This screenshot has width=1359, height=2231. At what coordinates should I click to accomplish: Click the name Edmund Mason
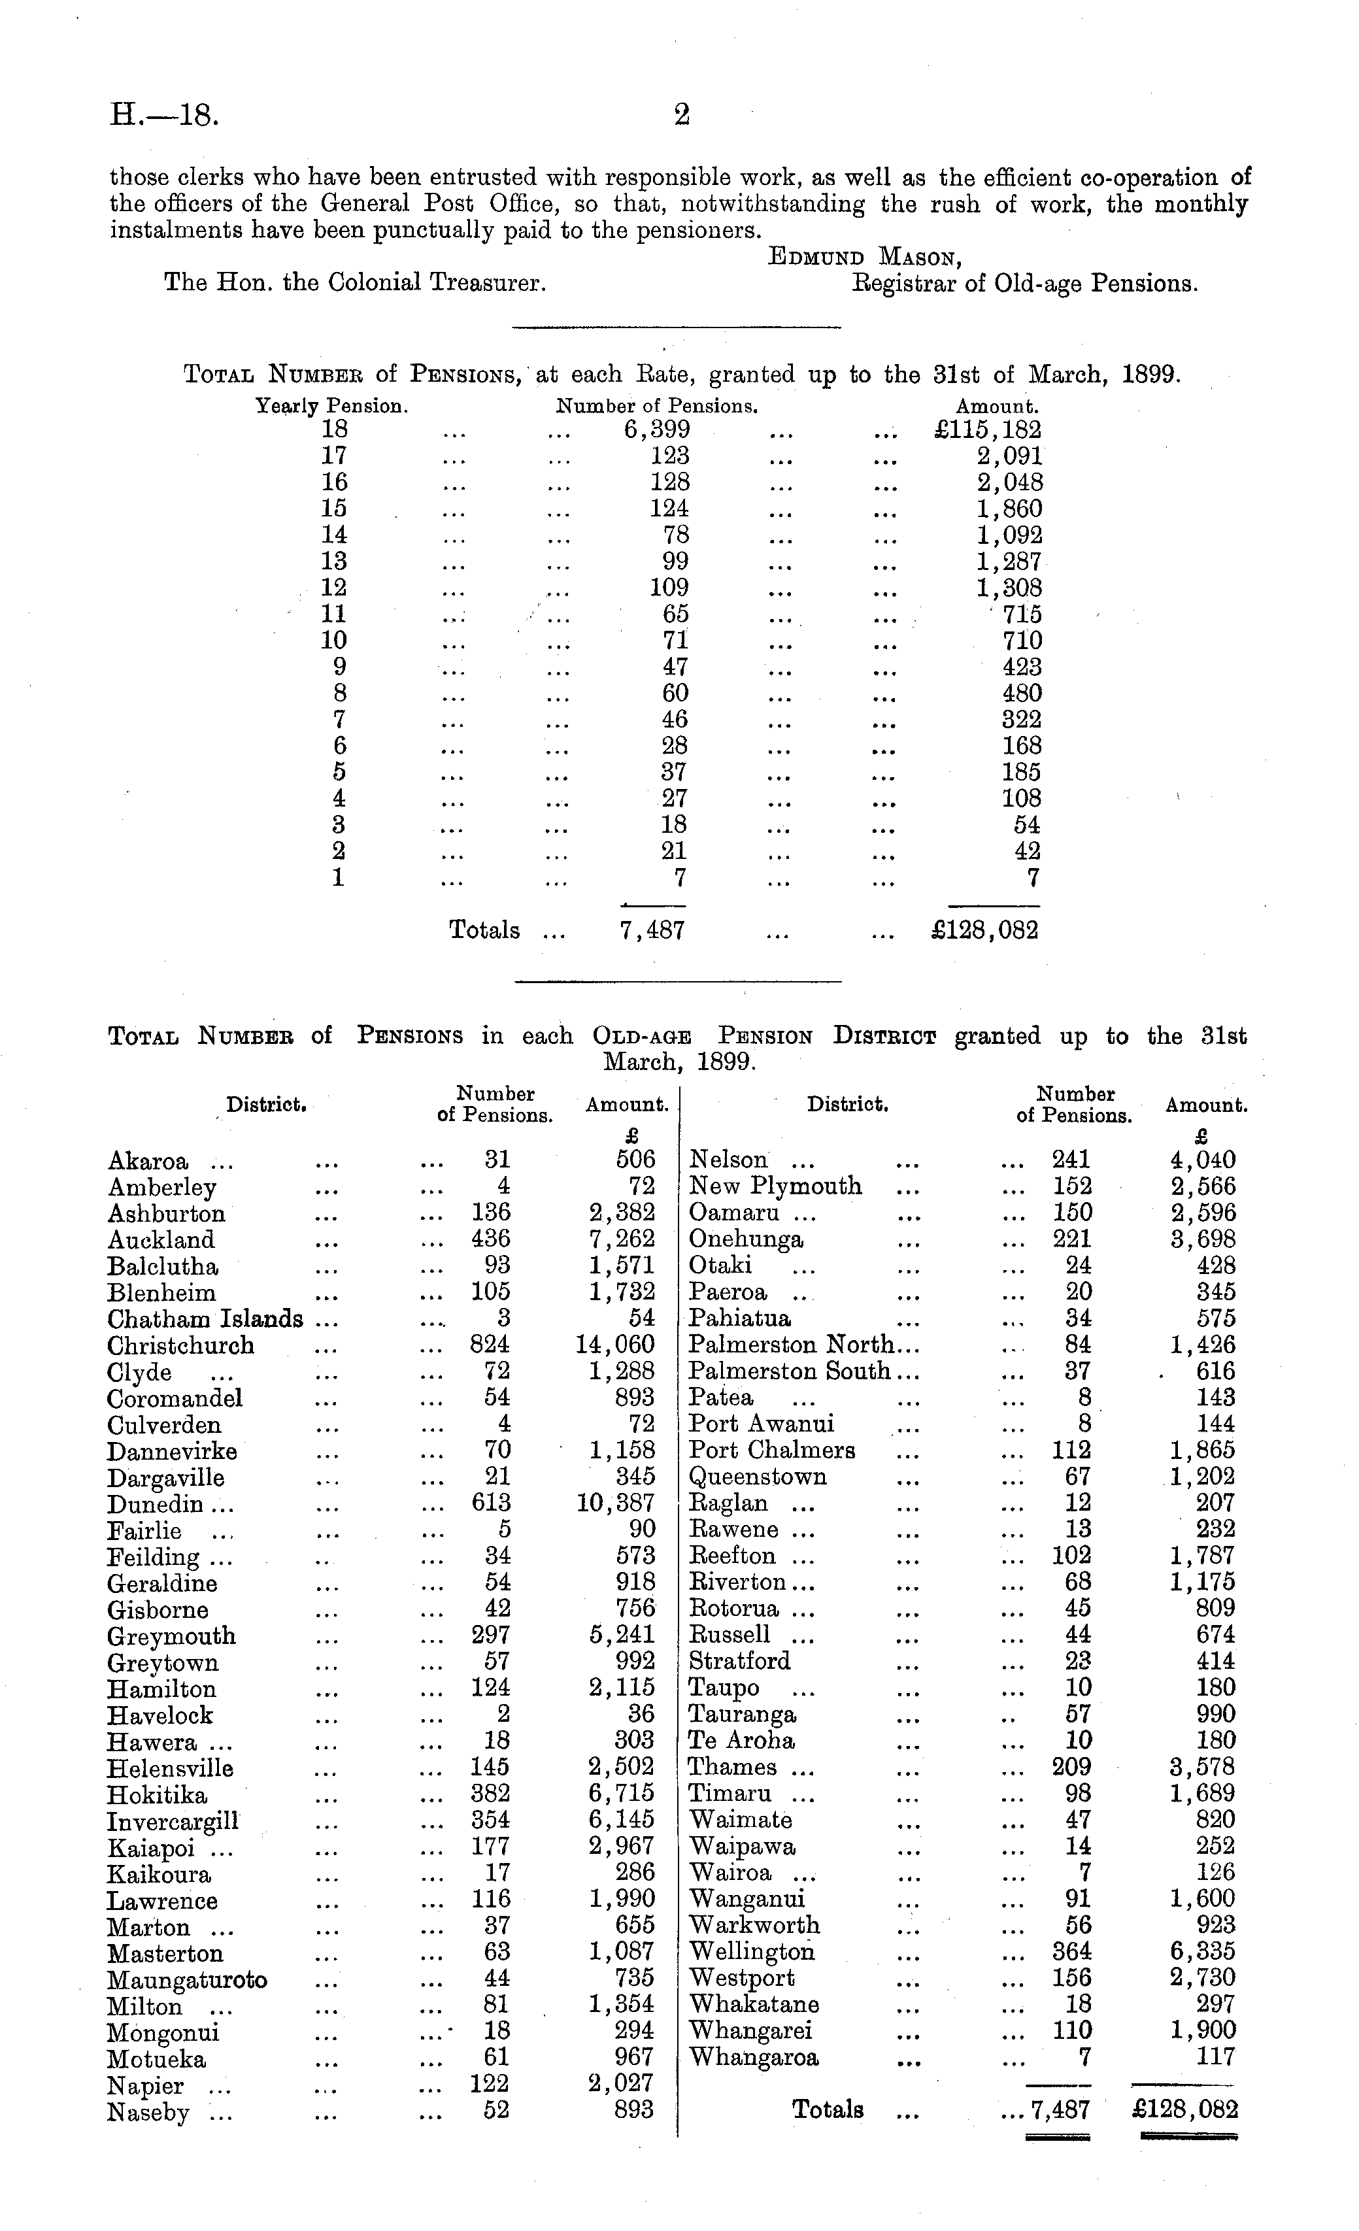coord(865,257)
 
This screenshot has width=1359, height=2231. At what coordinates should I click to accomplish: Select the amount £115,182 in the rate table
coord(988,430)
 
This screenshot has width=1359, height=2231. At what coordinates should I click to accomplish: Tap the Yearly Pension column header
coord(331,407)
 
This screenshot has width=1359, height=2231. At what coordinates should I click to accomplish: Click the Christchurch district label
coord(180,1345)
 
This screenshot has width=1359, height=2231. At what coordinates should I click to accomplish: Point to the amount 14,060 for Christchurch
coord(614,1345)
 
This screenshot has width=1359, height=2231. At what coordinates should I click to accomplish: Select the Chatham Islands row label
coord(205,1319)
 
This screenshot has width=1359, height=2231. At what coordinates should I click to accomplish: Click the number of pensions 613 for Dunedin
coord(491,1504)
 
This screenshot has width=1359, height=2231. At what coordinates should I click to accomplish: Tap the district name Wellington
coord(752,1952)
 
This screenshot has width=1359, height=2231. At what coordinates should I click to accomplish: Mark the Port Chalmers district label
coord(771,1451)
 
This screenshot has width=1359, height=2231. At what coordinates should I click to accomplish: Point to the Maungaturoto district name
coord(186,1979)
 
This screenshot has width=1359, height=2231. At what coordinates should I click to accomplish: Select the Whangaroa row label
coord(753,2058)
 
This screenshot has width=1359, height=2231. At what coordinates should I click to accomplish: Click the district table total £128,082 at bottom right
coord(1184,2111)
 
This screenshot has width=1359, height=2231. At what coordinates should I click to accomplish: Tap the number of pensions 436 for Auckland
coord(491,1239)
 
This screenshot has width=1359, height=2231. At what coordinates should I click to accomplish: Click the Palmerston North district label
coord(790,1345)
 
